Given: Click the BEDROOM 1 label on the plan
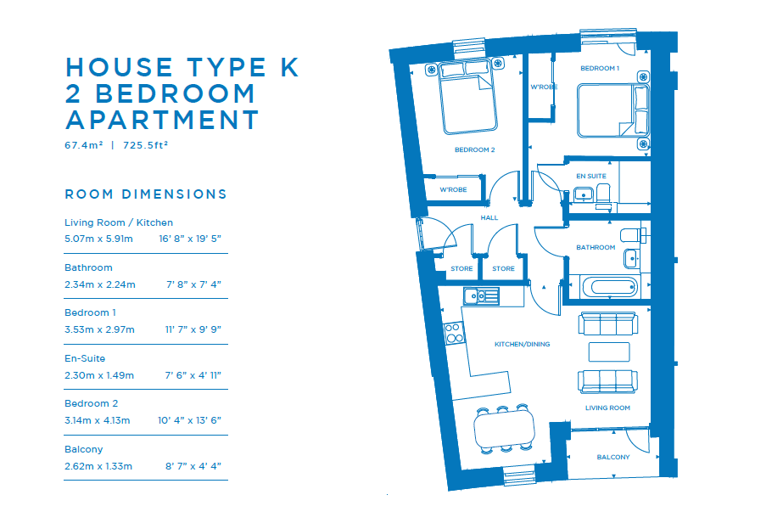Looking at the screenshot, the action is (599, 68).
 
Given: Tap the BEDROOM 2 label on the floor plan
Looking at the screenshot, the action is (474, 149).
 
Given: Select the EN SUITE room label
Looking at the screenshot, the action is (590, 176).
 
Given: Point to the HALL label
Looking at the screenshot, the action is (489, 217).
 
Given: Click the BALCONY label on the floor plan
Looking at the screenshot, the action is (612, 457).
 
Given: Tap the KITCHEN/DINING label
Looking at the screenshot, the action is (522, 344).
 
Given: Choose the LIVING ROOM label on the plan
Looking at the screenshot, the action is (607, 408).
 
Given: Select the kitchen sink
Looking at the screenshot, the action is (481, 296).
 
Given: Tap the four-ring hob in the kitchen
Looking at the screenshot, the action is (454, 334).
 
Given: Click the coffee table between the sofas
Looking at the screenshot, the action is (609, 351).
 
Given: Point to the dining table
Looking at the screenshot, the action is (503, 429).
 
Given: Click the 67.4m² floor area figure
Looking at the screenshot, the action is (83, 145).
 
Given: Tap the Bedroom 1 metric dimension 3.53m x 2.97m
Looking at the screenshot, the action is (99, 329).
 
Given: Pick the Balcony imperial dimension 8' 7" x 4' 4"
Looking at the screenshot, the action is (193, 466).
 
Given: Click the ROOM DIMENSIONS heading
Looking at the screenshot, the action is (146, 194).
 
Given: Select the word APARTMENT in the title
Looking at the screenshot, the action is (162, 120).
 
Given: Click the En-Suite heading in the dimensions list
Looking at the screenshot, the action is (85, 358).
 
